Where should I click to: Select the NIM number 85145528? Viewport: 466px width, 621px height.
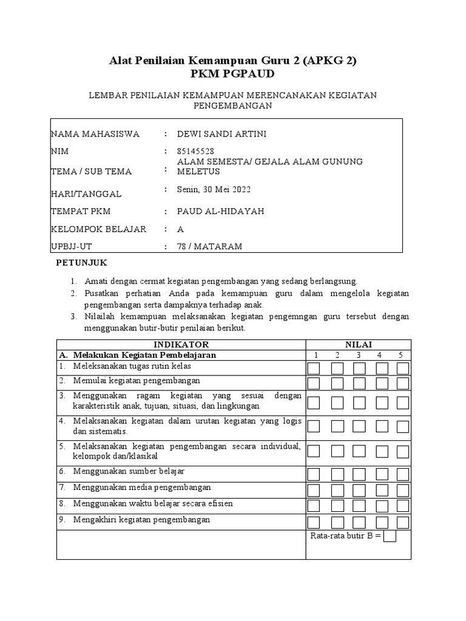pyautogui.click(x=195, y=151)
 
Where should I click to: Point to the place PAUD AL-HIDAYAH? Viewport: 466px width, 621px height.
pyautogui.click(x=212, y=212)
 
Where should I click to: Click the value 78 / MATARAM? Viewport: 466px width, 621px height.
pyautogui.click(x=209, y=246)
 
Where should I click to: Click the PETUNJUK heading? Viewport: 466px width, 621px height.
pyautogui.click(x=81, y=263)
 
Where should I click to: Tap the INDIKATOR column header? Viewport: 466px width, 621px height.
pyautogui.click(x=181, y=344)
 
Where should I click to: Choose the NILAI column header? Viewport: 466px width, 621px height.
pyautogui.click(x=359, y=344)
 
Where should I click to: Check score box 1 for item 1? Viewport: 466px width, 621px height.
pyautogui.click(x=314, y=369)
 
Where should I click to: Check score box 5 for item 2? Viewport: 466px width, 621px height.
pyautogui.click(x=403, y=383)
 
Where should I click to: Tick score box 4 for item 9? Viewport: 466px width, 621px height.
pyautogui.click(x=381, y=522)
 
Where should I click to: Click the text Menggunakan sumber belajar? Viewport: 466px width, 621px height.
pyautogui.click(x=129, y=471)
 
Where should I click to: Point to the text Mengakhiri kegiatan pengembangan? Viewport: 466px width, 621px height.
pyautogui.click(x=141, y=520)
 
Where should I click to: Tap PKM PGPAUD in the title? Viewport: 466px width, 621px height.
pyautogui.click(x=232, y=74)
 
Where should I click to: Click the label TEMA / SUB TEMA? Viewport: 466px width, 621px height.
pyautogui.click(x=91, y=172)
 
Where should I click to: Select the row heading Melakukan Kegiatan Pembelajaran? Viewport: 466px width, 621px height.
pyautogui.click(x=144, y=355)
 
